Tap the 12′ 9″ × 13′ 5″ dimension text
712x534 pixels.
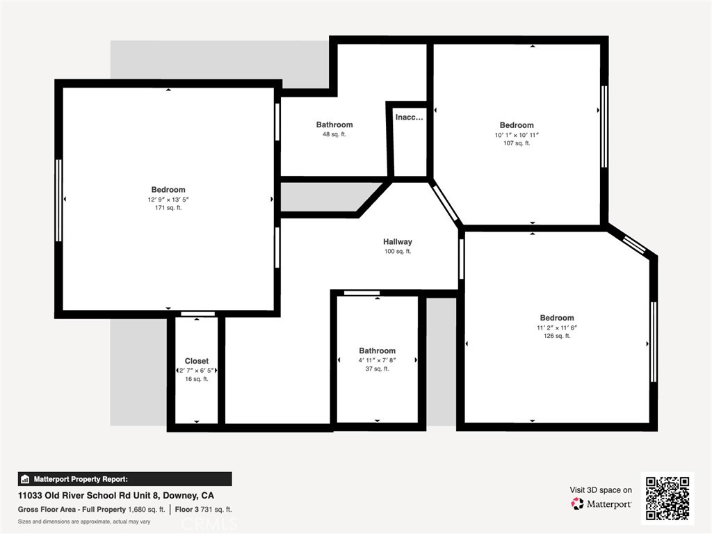tap(168, 200)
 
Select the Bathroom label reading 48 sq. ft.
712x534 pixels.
tap(334, 125)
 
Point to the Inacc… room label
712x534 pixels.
tap(409, 118)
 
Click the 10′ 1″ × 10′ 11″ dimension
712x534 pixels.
tap(517, 135)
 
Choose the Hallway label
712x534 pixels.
tap(398, 242)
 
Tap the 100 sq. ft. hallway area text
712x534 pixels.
tap(398, 252)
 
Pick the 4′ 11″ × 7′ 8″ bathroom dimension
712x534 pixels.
tap(377, 360)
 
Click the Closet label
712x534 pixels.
tap(196, 361)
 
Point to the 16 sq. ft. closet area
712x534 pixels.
tap(196, 379)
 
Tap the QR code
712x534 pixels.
tap(667, 498)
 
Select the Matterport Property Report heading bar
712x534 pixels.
tap(124, 479)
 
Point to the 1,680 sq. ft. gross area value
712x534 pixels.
tap(147, 510)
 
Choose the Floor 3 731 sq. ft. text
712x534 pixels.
tap(204, 510)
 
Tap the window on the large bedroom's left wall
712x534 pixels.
tap(58, 200)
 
